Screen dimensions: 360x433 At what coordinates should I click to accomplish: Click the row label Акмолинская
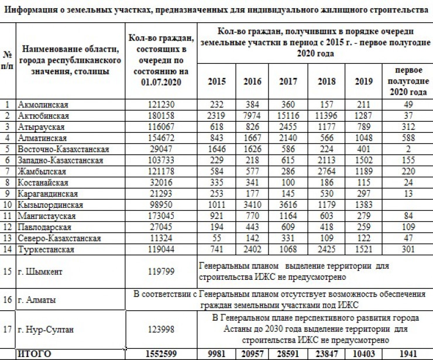43,105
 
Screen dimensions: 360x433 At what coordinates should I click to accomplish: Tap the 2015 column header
216,81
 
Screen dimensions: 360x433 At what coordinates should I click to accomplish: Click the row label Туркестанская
46,249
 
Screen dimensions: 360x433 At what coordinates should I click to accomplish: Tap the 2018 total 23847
327,354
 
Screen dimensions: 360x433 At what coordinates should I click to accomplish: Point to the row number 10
8,205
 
